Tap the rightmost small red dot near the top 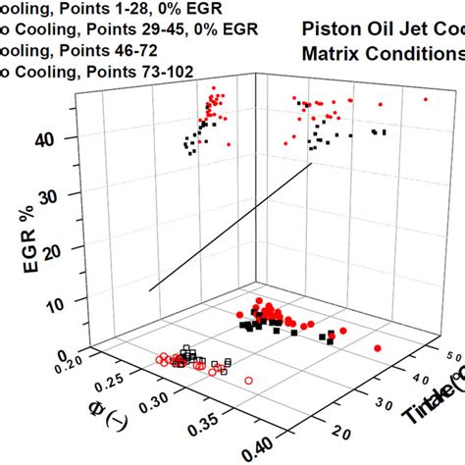[x=426, y=99]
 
